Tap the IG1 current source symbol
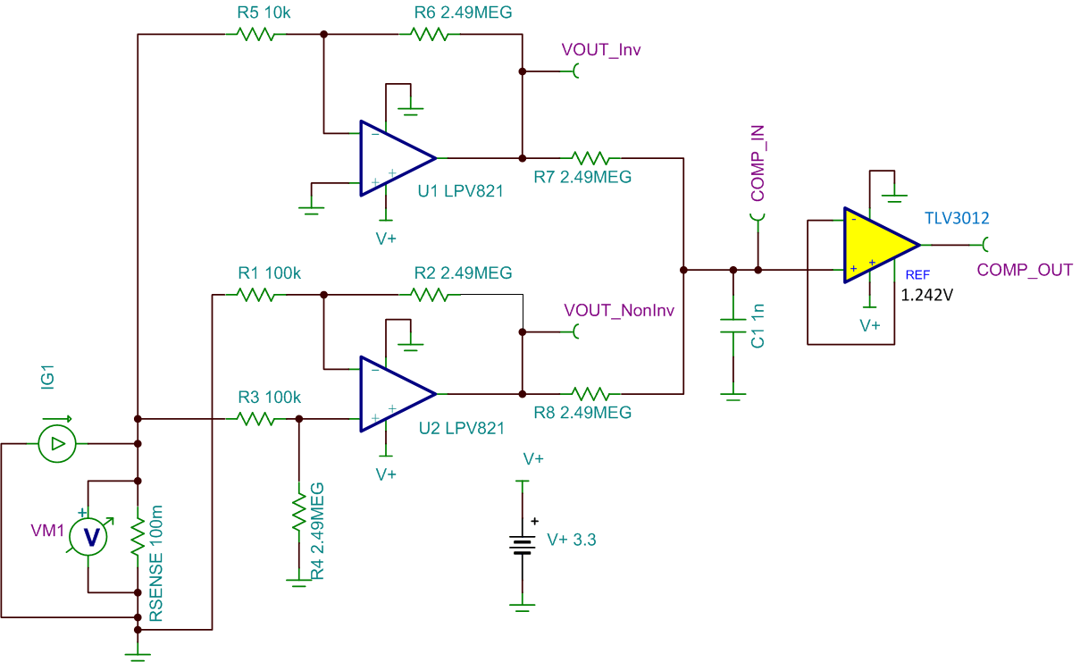click(57, 443)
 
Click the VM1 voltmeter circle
click(89, 536)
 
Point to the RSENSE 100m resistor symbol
click(138, 537)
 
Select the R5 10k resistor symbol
click(254, 34)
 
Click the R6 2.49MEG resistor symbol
click(429, 34)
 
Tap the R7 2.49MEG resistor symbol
click(591, 158)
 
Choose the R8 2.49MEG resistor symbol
click(591, 394)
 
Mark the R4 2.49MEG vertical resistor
click(298, 515)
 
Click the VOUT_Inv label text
click(601, 49)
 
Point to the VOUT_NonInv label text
click(619, 310)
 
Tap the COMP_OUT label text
click(1025, 270)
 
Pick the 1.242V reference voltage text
click(926, 295)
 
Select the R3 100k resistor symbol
click(255, 418)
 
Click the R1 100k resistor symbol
click(255, 294)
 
